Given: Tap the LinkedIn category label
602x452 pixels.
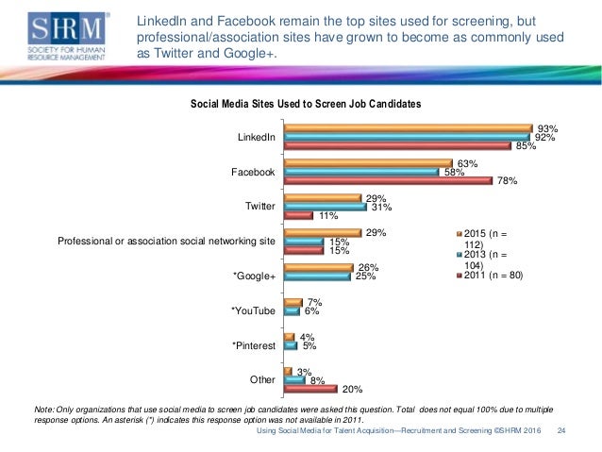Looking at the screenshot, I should [257, 138].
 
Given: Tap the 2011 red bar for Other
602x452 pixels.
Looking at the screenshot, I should [310, 389].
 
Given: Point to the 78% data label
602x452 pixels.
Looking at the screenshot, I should [507, 181].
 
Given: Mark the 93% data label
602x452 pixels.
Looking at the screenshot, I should [547, 128].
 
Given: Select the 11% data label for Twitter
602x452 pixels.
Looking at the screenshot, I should [328, 216].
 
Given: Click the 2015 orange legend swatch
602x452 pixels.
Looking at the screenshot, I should [457, 232].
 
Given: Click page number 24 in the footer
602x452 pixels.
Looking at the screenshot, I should [561, 431].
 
